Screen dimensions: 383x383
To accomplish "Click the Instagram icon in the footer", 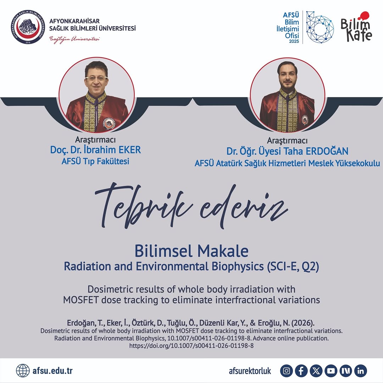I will pyautogui.click(x=287, y=371).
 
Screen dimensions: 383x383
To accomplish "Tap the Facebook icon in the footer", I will pyautogui.click(x=301, y=371).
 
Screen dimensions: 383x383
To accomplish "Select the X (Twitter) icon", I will pyautogui.click(x=316, y=371).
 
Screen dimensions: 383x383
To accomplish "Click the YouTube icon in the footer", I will pyautogui.click(x=331, y=371).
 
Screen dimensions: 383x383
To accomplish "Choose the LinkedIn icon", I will pyautogui.click(x=361, y=371).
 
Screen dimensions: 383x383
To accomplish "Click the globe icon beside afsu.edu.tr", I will pyautogui.click(x=23, y=371).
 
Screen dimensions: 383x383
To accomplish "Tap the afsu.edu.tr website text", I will pyautogui.click(x=52, y=371).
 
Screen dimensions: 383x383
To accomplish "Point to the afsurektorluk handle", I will pyautogui.click(x=250, y=371).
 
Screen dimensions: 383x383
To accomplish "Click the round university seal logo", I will pyautogui.click(x=27, y=27).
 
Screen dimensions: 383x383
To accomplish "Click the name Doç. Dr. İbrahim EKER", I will pyautogui.click(x=95, y=150).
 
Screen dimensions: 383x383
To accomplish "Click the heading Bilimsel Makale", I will pyautogui.click(x=191, y=251).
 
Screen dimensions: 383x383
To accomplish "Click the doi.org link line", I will pyautogui.click(x=191, y=345).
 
